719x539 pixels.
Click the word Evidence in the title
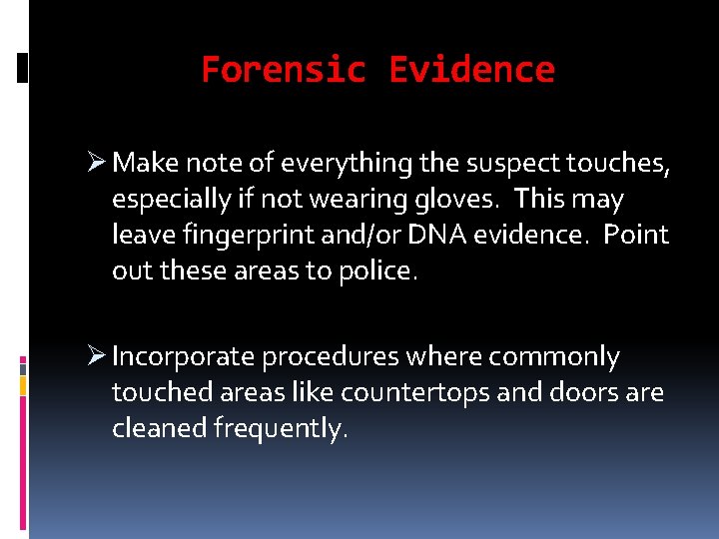pyautogui.click(x=471, y=70)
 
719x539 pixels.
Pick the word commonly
pyautogui.click(x=570, y=357)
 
